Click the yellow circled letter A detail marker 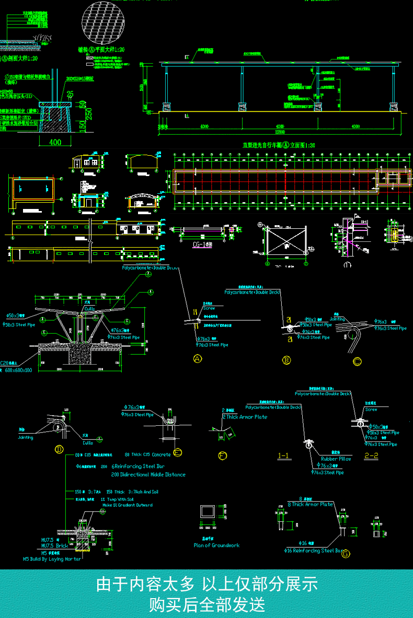tap(198, 358)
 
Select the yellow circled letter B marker tap(286, 360)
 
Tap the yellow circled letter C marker tap(357, 360)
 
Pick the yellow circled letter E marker tap(178, 452)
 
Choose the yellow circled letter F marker tap(223, 456)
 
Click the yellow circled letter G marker tap(346, 554)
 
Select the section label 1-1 tap(284, 456)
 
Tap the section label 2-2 tap(371, 456)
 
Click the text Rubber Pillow tap(336, 459)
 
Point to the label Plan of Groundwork tap(216, 545)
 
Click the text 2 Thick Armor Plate tap(245, 417)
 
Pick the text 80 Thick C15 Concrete tap(148, 454)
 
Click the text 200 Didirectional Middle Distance tap(148, 475)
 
